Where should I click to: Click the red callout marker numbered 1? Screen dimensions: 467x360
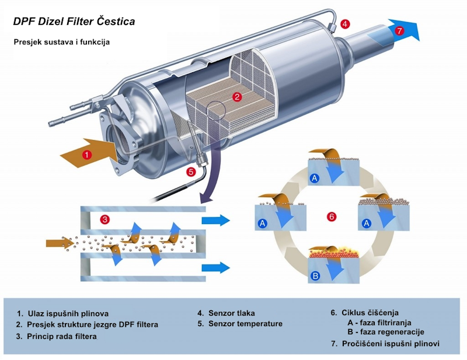coord(86,155)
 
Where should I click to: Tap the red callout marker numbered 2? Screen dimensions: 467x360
coord(237,97)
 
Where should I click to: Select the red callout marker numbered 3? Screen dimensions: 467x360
coord(105,220)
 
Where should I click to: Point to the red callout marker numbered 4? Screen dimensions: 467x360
coord(345,24)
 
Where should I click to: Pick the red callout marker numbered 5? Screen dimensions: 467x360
coord(191,172)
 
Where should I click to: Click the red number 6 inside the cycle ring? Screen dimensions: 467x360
coord(332,216)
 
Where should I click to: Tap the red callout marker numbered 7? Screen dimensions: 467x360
coord(400,30)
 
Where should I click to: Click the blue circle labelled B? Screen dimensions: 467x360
coord(315,276)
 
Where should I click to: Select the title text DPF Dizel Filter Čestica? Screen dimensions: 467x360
coord(74,22)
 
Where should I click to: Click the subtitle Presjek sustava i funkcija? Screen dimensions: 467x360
coord(62,42)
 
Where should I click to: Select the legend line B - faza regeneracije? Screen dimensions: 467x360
coord(386,332)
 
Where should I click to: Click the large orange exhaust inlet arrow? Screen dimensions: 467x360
coord(89,153)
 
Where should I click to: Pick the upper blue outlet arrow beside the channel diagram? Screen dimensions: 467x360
coord(215,221)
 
